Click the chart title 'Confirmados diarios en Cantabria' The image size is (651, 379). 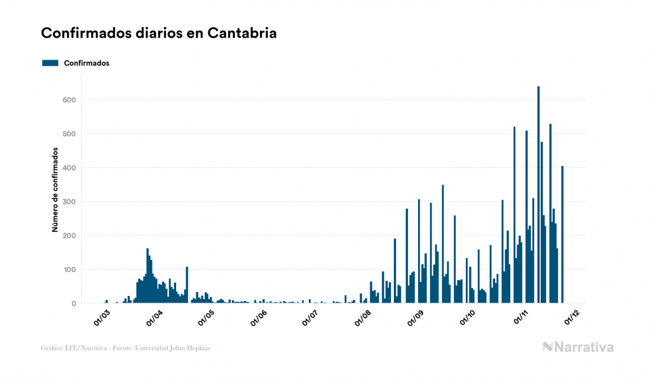[x=159, y=33]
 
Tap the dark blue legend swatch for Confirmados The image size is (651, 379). [x=50, y=63]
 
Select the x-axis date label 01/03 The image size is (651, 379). [x=102, y=317]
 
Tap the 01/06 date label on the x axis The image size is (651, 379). [x=258, y=317]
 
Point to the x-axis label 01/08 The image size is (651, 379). [x=363, y=317]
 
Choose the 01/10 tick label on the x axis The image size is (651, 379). [x=468, y=317]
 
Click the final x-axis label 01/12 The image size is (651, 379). [x=572, y=317]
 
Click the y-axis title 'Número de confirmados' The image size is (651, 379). [x=55, y=190]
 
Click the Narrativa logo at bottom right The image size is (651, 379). [x=578, y=347]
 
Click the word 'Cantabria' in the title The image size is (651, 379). [x=242, y=33]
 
